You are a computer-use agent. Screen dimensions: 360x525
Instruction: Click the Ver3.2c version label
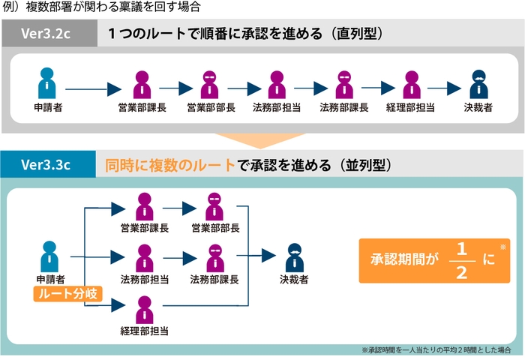[48, 34]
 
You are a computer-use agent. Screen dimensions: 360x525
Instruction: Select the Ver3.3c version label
[46, 164]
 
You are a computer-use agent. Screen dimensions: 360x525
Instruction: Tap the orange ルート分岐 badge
[67, 293]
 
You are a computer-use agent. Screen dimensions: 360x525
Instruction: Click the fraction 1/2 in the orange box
[461, 260]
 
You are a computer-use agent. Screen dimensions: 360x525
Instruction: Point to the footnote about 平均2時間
[436, 350]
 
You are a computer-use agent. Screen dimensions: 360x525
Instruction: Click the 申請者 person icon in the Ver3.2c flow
[48, 84]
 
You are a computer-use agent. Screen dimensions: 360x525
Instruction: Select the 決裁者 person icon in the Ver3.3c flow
[294, 259]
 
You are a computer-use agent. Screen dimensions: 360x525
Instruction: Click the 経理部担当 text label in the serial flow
[410, 108]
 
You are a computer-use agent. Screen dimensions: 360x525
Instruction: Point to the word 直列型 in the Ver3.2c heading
[362, 34]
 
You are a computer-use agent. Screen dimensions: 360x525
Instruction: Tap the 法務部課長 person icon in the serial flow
[343, 84]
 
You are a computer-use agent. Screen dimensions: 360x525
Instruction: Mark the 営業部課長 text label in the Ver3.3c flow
[144, 228]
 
